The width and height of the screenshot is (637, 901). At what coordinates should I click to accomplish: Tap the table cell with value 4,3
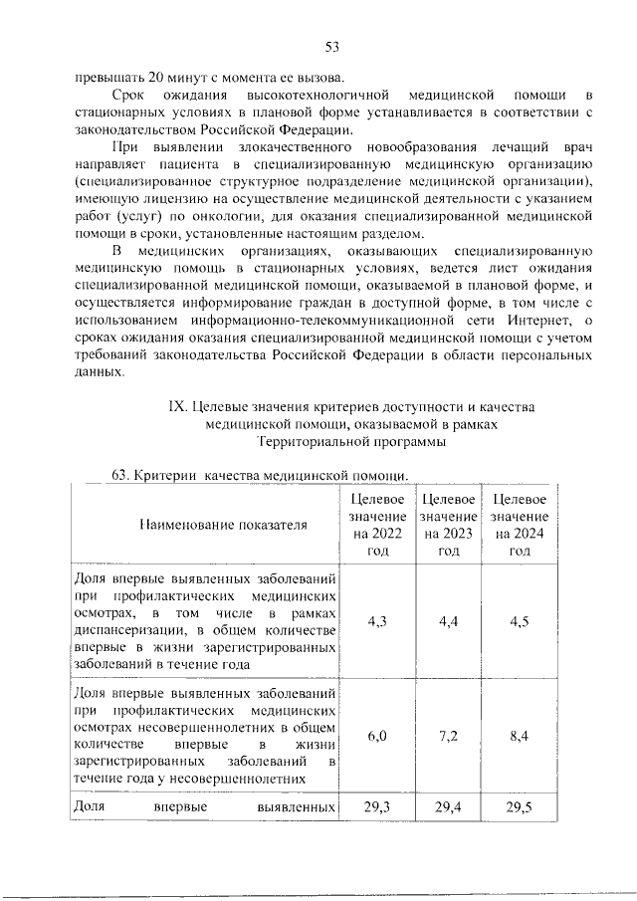(x=377, y=621)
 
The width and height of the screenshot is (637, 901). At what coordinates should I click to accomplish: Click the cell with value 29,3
(x=377, y=806)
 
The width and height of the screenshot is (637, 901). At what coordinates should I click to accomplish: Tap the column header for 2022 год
(x=377, y=525)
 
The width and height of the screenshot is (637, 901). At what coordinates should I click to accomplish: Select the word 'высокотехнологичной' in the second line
(x=315, y=94)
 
